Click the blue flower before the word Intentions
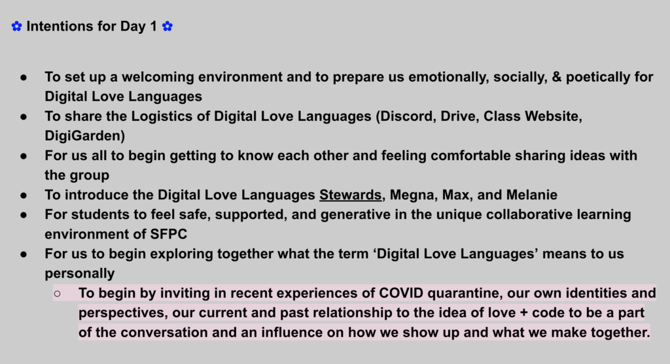(16, 26)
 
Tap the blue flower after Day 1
(167, 26)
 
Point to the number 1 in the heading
(153, 26)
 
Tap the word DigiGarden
(83, 136)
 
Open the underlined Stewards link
(351, 195)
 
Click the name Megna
(412, 195)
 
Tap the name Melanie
(531, 195)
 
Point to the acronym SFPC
(169, 234)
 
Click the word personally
(80, 274)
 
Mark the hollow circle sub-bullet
(58, 293)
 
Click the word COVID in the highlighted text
(401, 293)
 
